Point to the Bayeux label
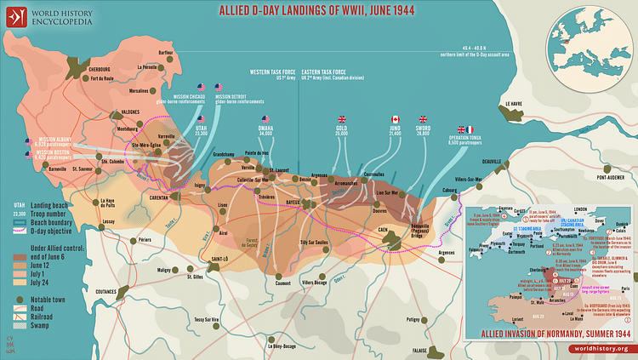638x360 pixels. click(x=293, y=203)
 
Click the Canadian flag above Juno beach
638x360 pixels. click(x=395, y=119)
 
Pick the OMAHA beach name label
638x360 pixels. click(x=264, y=129)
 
